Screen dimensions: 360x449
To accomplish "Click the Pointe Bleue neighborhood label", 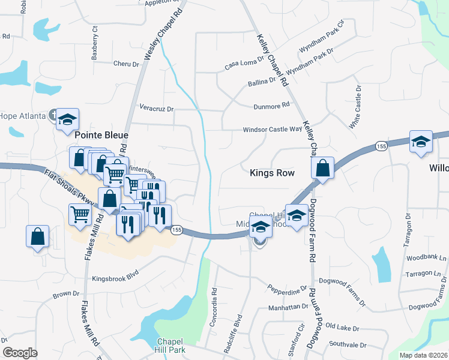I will [x=101, y=135].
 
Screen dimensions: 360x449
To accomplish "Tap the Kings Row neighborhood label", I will [x=272, y=173].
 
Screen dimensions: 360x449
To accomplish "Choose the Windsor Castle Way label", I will [x=272, y=129].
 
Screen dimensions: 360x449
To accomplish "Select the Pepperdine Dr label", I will [x=287, y=292].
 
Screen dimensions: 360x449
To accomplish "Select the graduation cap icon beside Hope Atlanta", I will [x=68, y=119].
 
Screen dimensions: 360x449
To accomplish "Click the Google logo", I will [x=20, y=353].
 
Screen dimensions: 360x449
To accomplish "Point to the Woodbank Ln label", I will [x=426, y=259].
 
